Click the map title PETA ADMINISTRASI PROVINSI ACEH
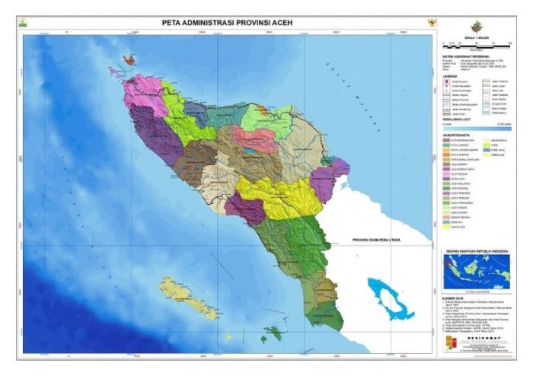[x=227, y=22]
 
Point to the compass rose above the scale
[x=477, y=25]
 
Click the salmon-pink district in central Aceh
[x=254, y=139]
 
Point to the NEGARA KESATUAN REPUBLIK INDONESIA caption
[x=476, y=250]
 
